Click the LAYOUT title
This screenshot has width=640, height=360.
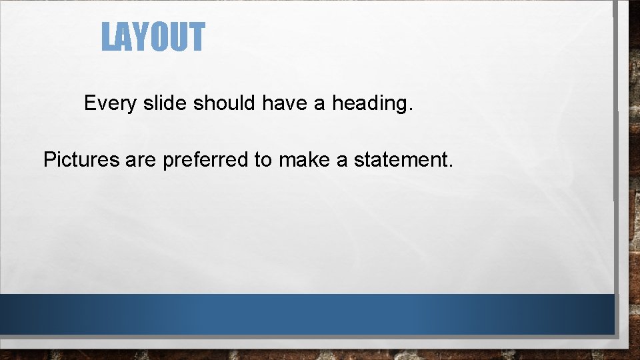click(x=153, y=37)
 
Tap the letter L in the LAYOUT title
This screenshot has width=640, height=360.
click(x=108, y=37)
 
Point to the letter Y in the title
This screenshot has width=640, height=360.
click(x=141, y=37)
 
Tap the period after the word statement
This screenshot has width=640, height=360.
click(x=451, y=166)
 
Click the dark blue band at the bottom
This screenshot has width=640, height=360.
click(x=307, y=314)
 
